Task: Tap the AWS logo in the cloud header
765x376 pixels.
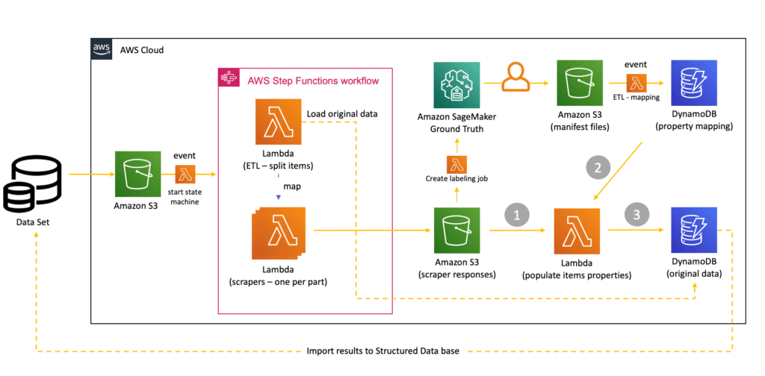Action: [102, 50]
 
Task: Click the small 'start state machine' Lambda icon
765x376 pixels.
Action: [185, 175]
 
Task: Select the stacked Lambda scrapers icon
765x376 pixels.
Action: [277, 231]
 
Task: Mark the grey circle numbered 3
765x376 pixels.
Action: [637, 215]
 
